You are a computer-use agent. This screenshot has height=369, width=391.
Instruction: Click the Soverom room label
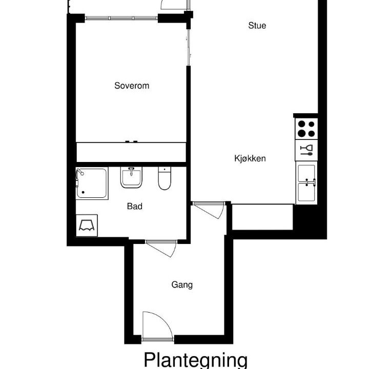[x=132, y=86]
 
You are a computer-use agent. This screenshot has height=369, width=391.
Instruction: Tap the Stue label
[x=257, y=26]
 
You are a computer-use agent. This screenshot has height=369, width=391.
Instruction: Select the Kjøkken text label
[x=250, y=158]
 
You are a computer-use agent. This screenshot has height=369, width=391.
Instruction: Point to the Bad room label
[x=135, y=206]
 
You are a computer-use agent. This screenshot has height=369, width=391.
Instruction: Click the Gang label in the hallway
[x=182, y=285]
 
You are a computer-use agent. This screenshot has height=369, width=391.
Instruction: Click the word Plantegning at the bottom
[x=196, y=360]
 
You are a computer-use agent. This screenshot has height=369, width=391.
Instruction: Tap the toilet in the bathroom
[x=164, y=178]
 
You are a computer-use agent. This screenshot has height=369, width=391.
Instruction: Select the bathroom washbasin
[x=131, y=177]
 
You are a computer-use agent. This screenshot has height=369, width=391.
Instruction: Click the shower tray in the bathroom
[x=92, y=183]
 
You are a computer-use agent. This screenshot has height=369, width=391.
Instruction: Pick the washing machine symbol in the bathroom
[x=87, y=225]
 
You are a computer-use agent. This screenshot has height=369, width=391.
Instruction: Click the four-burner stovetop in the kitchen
[x=306, y=129]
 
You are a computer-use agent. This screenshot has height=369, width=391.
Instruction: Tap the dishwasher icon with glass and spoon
[x=306, y=150]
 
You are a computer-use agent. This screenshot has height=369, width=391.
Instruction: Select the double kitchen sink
[x=306, y=183]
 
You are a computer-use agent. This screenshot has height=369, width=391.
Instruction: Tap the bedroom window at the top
[x=121, y=18]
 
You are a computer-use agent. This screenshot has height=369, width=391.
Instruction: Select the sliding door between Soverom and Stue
[x=189, y=47]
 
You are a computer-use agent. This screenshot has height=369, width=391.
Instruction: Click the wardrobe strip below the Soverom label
[x=131, y=152]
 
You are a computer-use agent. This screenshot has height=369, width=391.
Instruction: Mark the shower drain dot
[x=83, y=192]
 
